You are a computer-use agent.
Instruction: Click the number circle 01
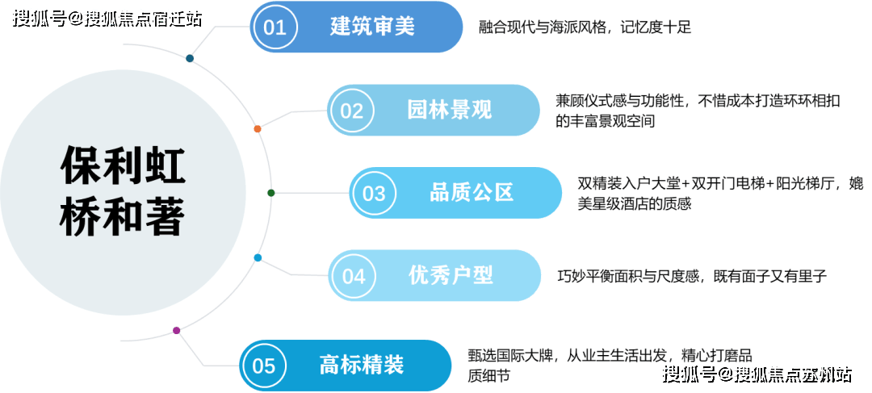tap(275, 27)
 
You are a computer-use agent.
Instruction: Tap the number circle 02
tap(352, 110)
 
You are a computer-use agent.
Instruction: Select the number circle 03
tap(374, 194)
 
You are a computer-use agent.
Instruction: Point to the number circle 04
tap(354, 276)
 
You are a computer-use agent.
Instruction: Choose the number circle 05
tap(264, 366)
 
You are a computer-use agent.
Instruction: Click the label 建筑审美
tap(372, 27)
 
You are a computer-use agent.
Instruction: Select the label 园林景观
tap(449, 110)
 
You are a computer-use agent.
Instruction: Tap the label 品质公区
tap(472, 193)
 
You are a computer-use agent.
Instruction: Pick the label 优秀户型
tap(451, 275)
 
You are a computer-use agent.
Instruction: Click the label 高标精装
tap(361, 365)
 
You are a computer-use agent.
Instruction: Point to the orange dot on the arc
tap(258, 129)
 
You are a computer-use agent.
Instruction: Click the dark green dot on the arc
tap(271, 193)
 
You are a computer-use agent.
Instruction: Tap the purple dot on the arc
tap(176, 330)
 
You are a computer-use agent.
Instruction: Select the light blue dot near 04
tap(258, 258)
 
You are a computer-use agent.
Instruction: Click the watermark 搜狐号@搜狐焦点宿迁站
tap(106, 17)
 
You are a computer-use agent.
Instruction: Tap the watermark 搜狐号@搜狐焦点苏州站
tap(755, 374)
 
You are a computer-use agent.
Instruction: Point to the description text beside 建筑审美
tap(585, 27)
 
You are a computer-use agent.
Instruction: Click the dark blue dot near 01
tap(189, 59)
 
